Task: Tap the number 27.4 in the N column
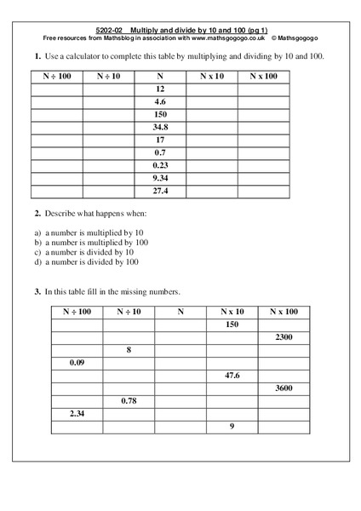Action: [x=160, y=191]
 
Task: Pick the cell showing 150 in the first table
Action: [x=160, y=114]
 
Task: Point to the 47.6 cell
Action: [x=232, y=376]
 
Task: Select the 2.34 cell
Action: [x=77, y=414]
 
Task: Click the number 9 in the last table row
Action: [x=232, y=427]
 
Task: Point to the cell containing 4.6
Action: [x=160, y=101]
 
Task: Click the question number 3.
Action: [x=38, y=292]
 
